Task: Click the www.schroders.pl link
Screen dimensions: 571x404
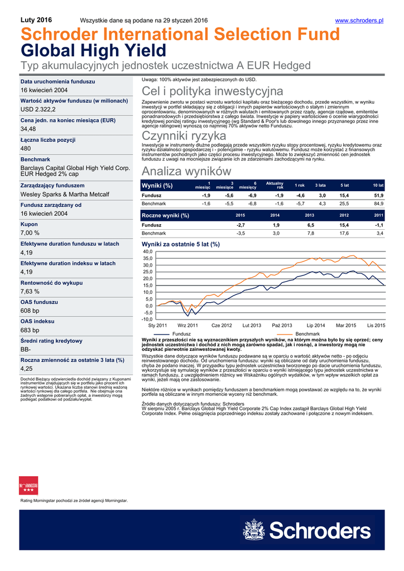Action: click(x=359, y=21)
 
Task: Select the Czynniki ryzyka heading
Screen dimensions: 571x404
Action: click(x=184, y=136)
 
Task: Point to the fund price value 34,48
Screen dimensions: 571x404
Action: click(x=28, y=129)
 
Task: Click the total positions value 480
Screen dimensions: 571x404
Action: click(x=26, y=149)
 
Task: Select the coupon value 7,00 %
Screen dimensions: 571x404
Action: click(x=30, y=233)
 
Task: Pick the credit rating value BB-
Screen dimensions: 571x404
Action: click(x=26, y=349)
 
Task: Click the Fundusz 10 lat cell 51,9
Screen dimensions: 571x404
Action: click(x=378, y=196)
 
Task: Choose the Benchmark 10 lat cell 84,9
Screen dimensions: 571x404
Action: click(x=378, y=204)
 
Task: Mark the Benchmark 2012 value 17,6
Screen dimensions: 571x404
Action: click(x=344, y=233)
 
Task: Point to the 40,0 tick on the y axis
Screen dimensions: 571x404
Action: click(x=147, y=252)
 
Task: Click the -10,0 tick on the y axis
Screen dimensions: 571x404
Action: click(x=147, y=320)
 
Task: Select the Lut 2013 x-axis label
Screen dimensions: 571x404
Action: click(x=252, y=325)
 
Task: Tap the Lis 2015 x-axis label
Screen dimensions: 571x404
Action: click(x=376, y=325)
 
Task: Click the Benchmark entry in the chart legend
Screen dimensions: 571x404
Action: click(x=307, y=333)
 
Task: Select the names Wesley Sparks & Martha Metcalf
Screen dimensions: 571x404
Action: click(x=65, y=195)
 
